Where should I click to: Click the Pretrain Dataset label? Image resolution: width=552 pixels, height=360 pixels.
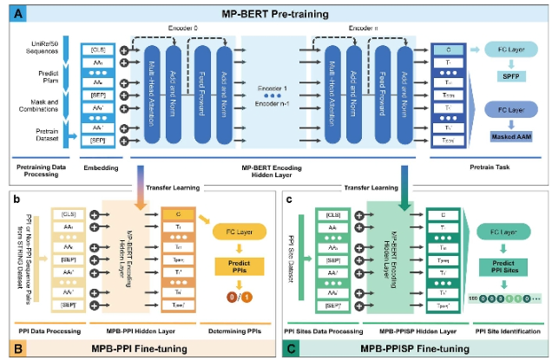point(43,132)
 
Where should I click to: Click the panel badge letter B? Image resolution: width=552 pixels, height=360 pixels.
point(15,350)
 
